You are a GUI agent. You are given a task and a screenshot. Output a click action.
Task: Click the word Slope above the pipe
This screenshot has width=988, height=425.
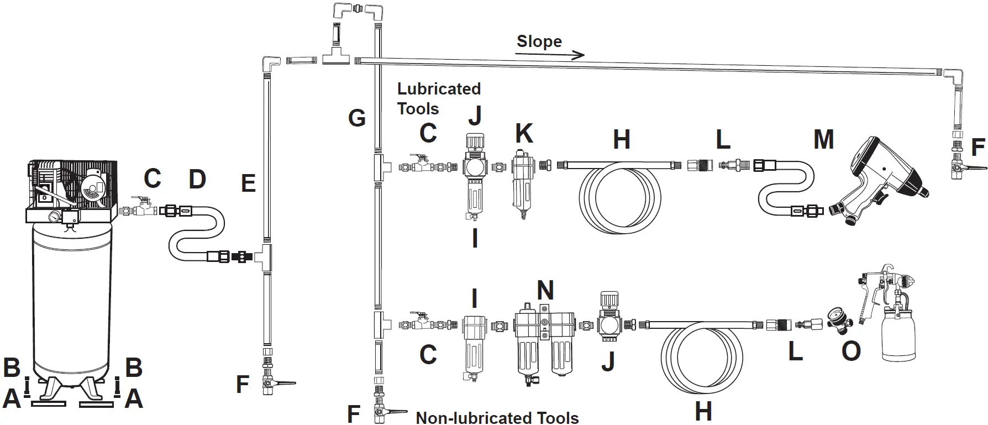click(539, 41)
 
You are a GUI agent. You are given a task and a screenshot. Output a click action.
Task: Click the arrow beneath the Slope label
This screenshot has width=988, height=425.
click(549, 54)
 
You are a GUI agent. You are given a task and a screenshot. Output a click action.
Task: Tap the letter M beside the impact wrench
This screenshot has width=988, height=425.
click(823, 139)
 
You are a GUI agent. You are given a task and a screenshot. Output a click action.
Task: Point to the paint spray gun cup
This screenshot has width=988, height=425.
click(898, 335)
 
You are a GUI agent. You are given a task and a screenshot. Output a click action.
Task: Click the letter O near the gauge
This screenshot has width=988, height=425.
click(851, 351)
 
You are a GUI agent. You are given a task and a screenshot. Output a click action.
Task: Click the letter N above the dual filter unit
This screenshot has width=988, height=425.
click(545, 290)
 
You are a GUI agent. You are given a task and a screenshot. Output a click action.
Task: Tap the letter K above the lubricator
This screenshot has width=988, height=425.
click(523, 134)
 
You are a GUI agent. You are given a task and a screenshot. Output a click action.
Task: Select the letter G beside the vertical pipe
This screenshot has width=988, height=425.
click(356, 118)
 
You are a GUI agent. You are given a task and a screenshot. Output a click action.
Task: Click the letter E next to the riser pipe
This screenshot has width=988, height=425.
click(249, 183)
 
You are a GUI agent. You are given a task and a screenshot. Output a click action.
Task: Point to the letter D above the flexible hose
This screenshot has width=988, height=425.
click(197, 179)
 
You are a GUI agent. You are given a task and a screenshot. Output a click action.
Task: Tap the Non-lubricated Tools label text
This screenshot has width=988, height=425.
click(497, 418)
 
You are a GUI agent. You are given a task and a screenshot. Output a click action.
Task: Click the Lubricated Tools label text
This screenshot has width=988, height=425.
click(438, 98)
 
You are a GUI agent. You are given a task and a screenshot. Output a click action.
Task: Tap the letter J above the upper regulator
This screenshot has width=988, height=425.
click(475, 115)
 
